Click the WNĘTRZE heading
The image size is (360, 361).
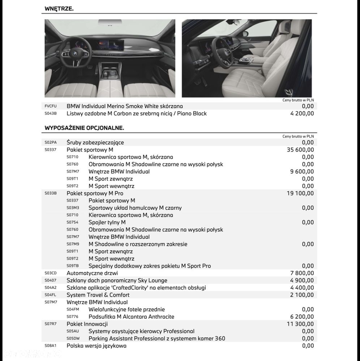[59, 8]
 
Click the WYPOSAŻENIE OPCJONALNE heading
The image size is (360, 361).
[84, 128]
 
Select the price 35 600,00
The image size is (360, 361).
[300, 150]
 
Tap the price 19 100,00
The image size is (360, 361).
[300, 193]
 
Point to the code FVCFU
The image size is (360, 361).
[51, 106]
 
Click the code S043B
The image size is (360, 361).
[51, 113]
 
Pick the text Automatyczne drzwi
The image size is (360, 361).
[92, 273]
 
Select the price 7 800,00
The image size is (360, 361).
[302, 273]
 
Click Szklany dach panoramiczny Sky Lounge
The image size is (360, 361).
[117, 280]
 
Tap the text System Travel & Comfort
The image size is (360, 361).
[98, 295]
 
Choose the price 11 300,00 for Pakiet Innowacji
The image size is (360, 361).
[300, 324]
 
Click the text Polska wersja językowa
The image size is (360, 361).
[97, 345]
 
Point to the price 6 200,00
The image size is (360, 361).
[302, 317]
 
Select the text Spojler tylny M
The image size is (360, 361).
[107, 222]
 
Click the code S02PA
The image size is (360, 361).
[51, 143]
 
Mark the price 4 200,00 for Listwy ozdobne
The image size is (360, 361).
[302, 113]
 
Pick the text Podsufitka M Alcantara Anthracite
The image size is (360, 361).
[131, 317]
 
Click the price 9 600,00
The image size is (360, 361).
[302, 171]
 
